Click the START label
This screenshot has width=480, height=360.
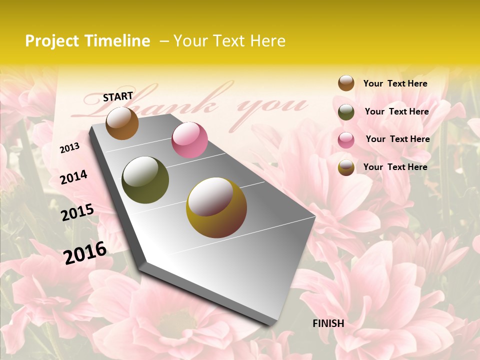point(118,96)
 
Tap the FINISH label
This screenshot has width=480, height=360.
point(328,323)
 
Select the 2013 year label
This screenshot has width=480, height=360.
point(69,147)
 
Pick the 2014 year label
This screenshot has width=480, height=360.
point(73,177)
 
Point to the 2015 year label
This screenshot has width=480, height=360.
point(77,212)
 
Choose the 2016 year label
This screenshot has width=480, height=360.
point(85,252)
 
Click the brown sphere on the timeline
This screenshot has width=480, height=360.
point(122,123)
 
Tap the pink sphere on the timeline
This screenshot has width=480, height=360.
point(189,140)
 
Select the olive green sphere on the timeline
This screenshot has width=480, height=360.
point(145,180)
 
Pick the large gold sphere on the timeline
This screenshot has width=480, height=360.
point(216,207)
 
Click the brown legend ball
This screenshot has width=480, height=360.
point(346,83)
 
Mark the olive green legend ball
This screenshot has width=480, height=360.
point(346,112)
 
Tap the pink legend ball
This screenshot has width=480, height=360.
point(346,140)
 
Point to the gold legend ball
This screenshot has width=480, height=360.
point(346,167)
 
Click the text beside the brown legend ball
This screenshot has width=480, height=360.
point(395,83)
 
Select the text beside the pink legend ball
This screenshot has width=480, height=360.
point(397,139)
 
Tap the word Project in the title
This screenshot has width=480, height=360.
point(52,41)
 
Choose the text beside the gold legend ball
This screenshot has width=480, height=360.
point(395,167)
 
